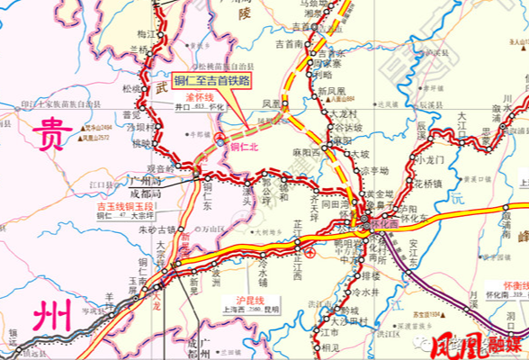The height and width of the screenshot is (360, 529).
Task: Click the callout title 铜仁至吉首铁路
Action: point(211,79)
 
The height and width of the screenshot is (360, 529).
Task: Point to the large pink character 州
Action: point(49,317)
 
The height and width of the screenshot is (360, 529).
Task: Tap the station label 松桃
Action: point(130,89)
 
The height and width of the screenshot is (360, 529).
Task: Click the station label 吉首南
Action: point(290,43)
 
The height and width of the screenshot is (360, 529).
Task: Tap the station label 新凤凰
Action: point(332,91)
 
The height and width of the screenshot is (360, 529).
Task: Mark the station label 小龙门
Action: point(430,160)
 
